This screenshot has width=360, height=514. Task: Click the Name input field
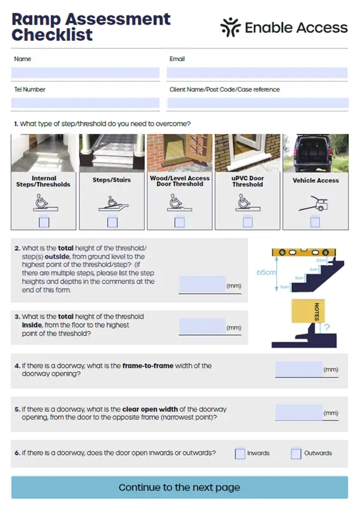coord(86,73)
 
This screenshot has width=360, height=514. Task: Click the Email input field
coord(257,73)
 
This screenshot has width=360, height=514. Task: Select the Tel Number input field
coord(86,103)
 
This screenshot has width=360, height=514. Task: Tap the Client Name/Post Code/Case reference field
coord(257,103)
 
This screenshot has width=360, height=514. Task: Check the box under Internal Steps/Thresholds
coord(44,223)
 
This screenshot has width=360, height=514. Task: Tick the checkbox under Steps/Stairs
coord(112,223)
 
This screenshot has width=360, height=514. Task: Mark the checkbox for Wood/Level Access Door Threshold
coord(179,223)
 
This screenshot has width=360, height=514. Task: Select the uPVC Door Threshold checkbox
coord(248,223)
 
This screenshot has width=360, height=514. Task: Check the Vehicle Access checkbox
coord(315,223)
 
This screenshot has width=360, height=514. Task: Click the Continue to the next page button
coord(179,487)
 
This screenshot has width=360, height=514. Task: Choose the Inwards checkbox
coord(240,454)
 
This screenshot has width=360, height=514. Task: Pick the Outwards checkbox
coord(296,454)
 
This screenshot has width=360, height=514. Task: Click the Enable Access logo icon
coord(230,27)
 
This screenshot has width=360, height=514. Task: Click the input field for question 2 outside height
coord(202,284)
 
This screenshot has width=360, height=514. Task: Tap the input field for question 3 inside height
coord(202,326)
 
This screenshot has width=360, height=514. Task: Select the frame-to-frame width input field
coord(299,369)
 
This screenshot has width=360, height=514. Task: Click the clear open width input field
coord(299,412)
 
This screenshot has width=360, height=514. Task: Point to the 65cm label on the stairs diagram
coord(266,272)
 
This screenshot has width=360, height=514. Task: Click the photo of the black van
coord(315,153)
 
